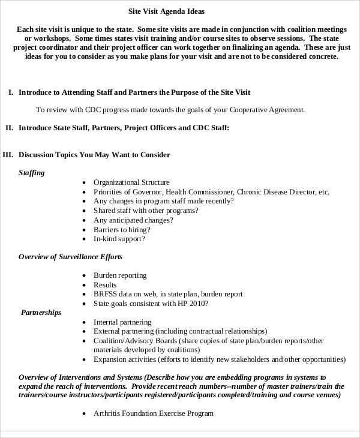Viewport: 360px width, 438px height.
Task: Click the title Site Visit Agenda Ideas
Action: pyautogui.click(x=171, y=11)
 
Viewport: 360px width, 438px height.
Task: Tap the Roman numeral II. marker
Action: pyautogui.click(x=9, y=128)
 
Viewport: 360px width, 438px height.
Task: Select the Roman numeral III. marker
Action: pyautogui.click(x=8, y=155)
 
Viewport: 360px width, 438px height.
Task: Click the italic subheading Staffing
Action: pyautogui.click(x=31, y=173)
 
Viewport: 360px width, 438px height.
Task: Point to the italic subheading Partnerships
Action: pyautogui.click(x=41, y=313)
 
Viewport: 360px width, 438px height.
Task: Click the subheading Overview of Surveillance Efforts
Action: pyautogui.click(x=70, y=257)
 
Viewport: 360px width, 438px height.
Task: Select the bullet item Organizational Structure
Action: pyautogui.click(x=131, y=182)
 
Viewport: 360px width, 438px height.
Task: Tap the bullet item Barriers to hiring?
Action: pyautogui.click(x=122, y=229)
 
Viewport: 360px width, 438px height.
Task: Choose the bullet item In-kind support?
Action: pyautogui.click(x=119, y=239)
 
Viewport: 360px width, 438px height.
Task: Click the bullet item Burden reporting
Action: pyautogui.click(x=120, y=275)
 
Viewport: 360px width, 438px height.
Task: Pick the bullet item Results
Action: pyautogui.click(x=105, y=284)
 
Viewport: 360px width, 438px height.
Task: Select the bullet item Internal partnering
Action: pyautogui.click(x=122, y=322)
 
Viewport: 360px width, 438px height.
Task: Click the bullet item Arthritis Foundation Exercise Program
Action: pyautogui.click(x=154, y=413)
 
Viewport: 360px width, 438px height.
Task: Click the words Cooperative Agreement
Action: pyautogui.click(x=268, y=110)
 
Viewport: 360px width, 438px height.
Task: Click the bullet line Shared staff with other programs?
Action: pyautogui.click(x=146, y=211)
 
